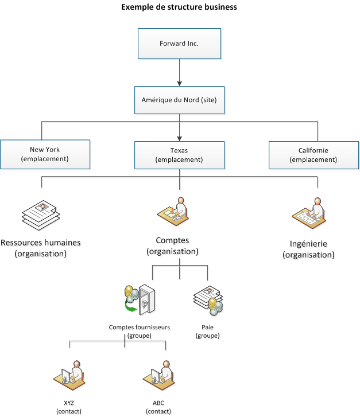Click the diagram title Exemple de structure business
179,7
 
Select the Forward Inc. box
179,44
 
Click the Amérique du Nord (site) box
179,100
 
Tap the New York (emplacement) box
45,155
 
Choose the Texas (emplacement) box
179,155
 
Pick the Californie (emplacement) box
313,155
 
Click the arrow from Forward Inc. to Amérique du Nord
179,72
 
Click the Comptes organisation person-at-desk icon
173,212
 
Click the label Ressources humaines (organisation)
41,248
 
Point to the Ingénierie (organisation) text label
308,249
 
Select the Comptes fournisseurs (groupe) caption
139,332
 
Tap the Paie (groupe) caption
207,332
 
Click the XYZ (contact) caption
69,407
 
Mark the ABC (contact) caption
158,407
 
